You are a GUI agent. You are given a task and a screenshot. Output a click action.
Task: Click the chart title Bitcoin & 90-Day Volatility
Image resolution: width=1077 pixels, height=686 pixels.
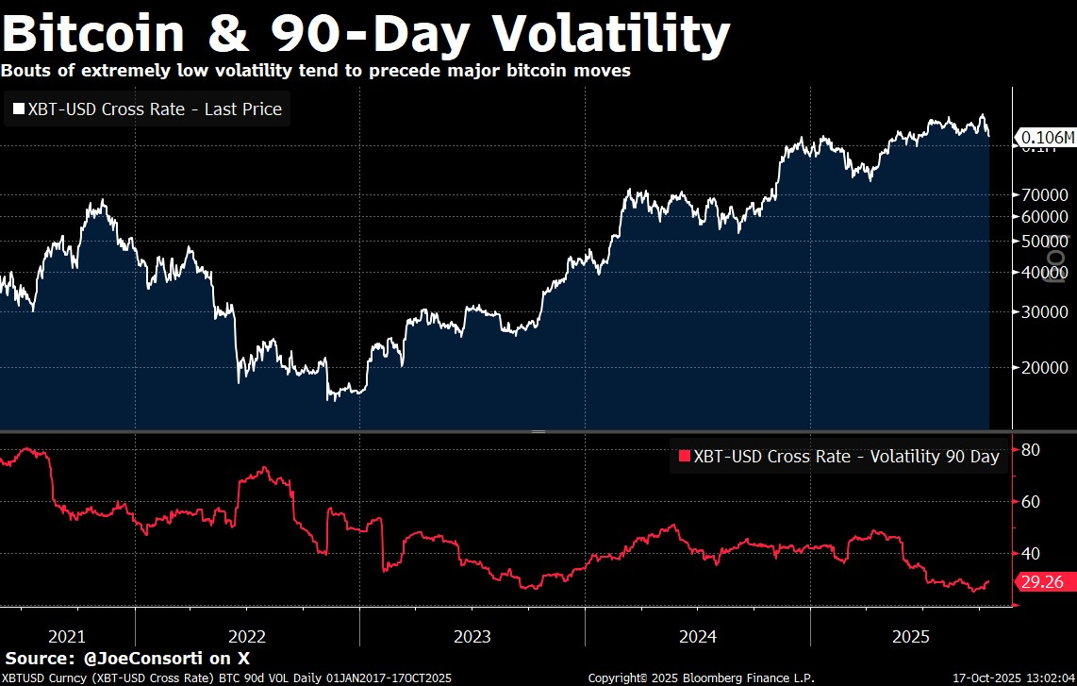pyautogui.click(x=366, y=34)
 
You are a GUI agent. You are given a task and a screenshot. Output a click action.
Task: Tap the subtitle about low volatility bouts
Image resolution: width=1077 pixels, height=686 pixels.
pyautogui.click(x=316, y=71)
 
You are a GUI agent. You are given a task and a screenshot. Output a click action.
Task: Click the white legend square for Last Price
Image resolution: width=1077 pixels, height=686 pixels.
pyautogui.click(x=18, y=109)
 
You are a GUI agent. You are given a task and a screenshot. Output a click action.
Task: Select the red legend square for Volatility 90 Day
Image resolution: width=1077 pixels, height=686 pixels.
pyautogui.click(x=684, y=457)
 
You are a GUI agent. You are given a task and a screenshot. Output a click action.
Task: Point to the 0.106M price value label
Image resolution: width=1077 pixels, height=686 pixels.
pyautogui.click(x=1048, y=138)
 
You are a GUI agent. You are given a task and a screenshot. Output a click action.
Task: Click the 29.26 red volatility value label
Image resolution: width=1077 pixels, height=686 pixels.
pyautogui.click(x=1043, y=583)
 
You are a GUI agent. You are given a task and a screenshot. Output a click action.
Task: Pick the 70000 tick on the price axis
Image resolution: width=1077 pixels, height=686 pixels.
pyautogui.click(x=1043, y=195)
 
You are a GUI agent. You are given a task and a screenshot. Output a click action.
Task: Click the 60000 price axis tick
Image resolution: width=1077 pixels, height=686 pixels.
pyautogui.click(x=1043, y=216)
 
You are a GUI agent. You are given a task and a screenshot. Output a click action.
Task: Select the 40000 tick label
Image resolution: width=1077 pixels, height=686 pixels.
pyautogui.click(x=1043, y=272)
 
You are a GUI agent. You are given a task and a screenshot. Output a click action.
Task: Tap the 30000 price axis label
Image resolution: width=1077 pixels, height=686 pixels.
pyautogui.click(x=1043, y=312)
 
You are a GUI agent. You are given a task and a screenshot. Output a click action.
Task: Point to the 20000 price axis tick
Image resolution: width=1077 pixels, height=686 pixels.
pyautogui.click(x=1043, y=368)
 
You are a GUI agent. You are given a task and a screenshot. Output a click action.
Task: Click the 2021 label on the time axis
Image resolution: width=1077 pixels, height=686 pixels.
pyautogui.click(x=67, y=636)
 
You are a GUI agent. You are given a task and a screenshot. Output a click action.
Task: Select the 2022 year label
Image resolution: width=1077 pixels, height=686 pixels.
pyautogui.click(x=247, y=636)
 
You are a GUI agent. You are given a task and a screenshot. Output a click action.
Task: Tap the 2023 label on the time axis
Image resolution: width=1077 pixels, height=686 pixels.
pyautogui.click(x=472, y=636)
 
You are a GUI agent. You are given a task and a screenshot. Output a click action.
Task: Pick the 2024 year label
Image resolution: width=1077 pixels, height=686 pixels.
pyautogui.click(x=697, y=636)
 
